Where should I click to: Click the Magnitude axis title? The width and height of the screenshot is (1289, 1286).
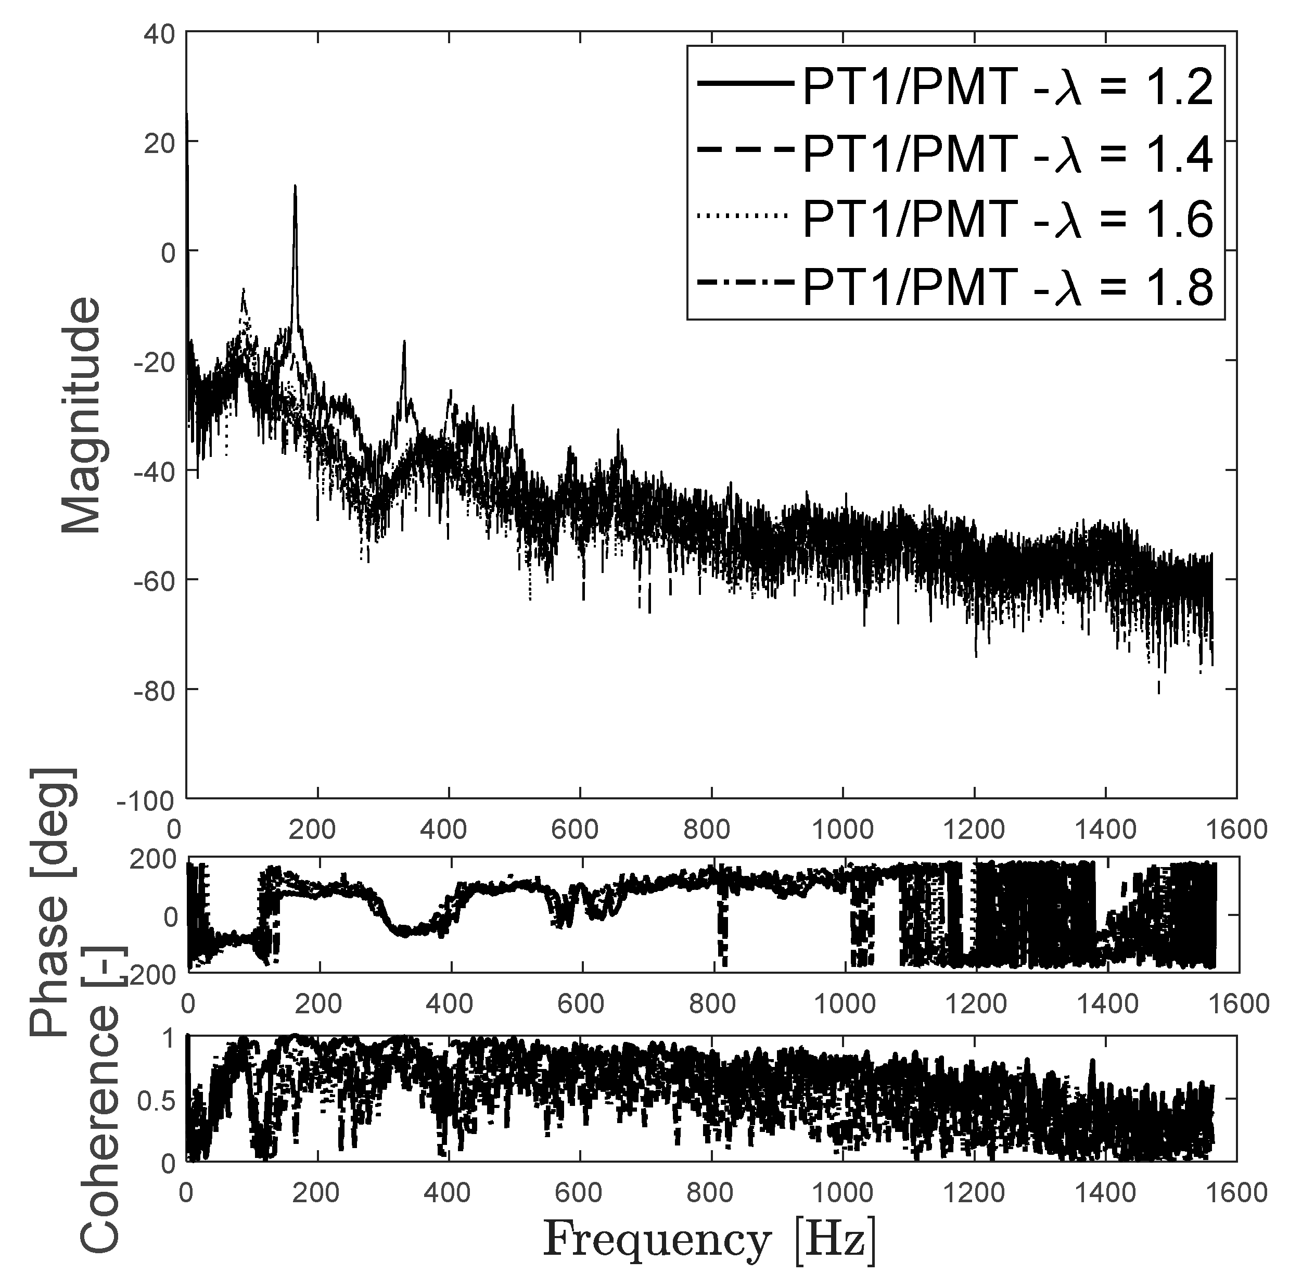click(x=81, y=415)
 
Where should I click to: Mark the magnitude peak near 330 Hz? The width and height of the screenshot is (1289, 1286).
click(x=404, y=342)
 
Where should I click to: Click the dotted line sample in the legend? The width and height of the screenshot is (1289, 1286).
click(x=742, y=215)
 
